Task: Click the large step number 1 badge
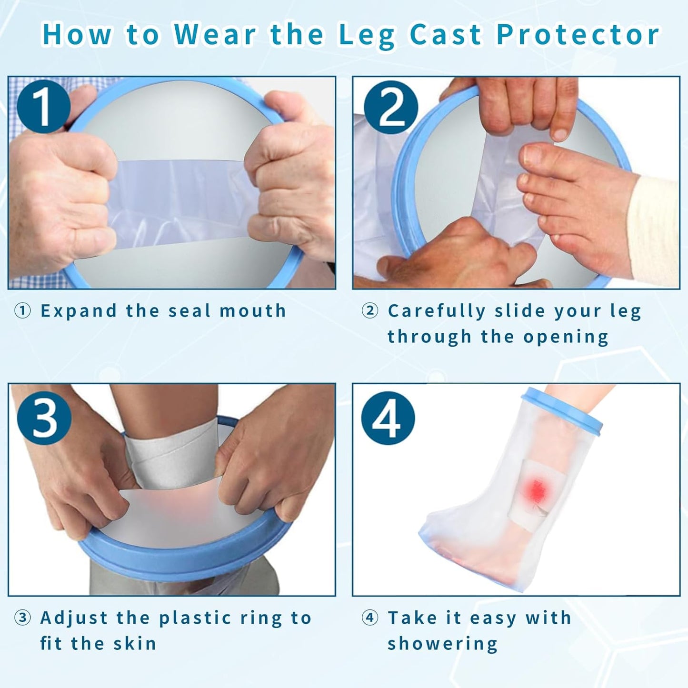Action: pos(43,107)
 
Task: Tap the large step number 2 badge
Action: pos(391,107)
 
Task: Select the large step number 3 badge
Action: pos(44,418)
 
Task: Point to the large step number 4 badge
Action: pos(388,418)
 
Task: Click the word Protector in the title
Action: pos(578,35)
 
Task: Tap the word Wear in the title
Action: pos(215,35)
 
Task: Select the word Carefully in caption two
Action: pos(437,311)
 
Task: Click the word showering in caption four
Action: pos(442,644)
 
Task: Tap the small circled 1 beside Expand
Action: pos(22,311)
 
